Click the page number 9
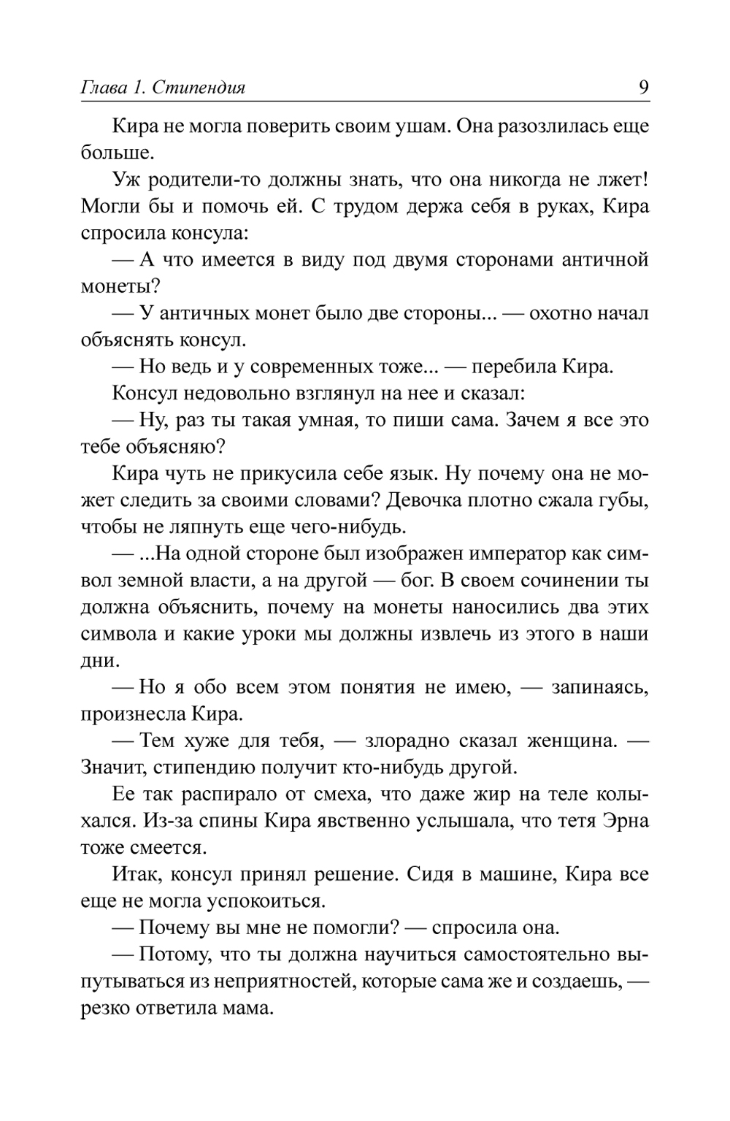[643, 88]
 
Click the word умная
[336, 421]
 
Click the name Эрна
[625, 821]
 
